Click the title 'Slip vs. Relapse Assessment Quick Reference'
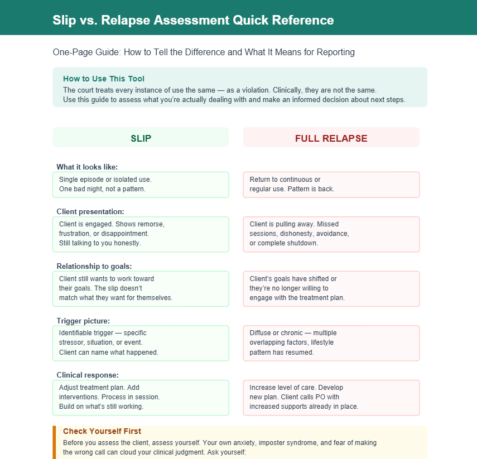coord(193,21)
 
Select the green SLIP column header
coord(141,138)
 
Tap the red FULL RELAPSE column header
coord(331,138)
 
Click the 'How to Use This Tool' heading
coord(104,79)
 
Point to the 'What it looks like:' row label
coord(87,167)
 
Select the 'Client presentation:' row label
coord(90,211)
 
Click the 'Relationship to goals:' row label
coord(94,266)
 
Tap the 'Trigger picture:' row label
coord(83,321)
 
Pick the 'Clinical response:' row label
coord(88,375)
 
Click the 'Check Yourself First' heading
coord(102,431)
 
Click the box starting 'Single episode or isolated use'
coord(141,185)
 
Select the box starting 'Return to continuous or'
coord(331,185)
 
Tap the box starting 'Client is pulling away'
coord(331,234)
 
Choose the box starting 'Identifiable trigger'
coord(141,343)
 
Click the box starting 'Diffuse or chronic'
coord(331,343)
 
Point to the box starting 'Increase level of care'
coord(331,398)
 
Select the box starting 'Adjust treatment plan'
coord(141,398)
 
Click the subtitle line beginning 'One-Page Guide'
coord(204,52)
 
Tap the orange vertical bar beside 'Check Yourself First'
coord(55,442)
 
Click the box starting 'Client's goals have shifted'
coord(331,288)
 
